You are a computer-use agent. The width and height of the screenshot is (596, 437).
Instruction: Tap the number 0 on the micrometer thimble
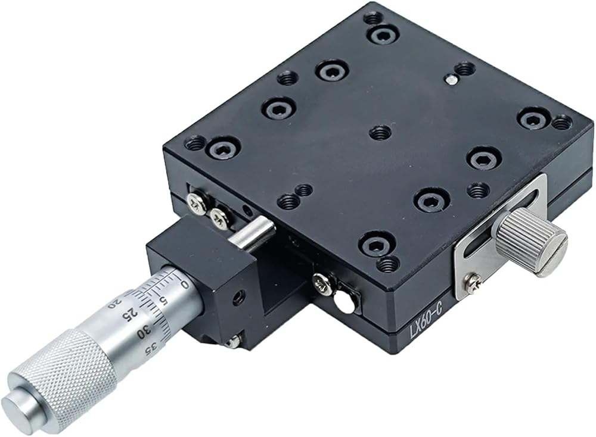click(185, 284)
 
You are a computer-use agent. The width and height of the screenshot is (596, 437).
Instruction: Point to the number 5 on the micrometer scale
click(164, 301)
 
